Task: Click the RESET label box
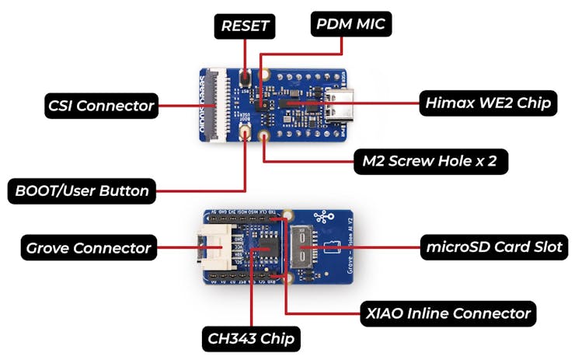point(245,26)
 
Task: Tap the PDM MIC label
point(350,24)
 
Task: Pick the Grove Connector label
point(88,248)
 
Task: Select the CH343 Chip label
point(253,338)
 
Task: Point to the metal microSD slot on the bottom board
point(305,248)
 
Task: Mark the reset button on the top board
point(245,79)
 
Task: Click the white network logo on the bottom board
point(321,218)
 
